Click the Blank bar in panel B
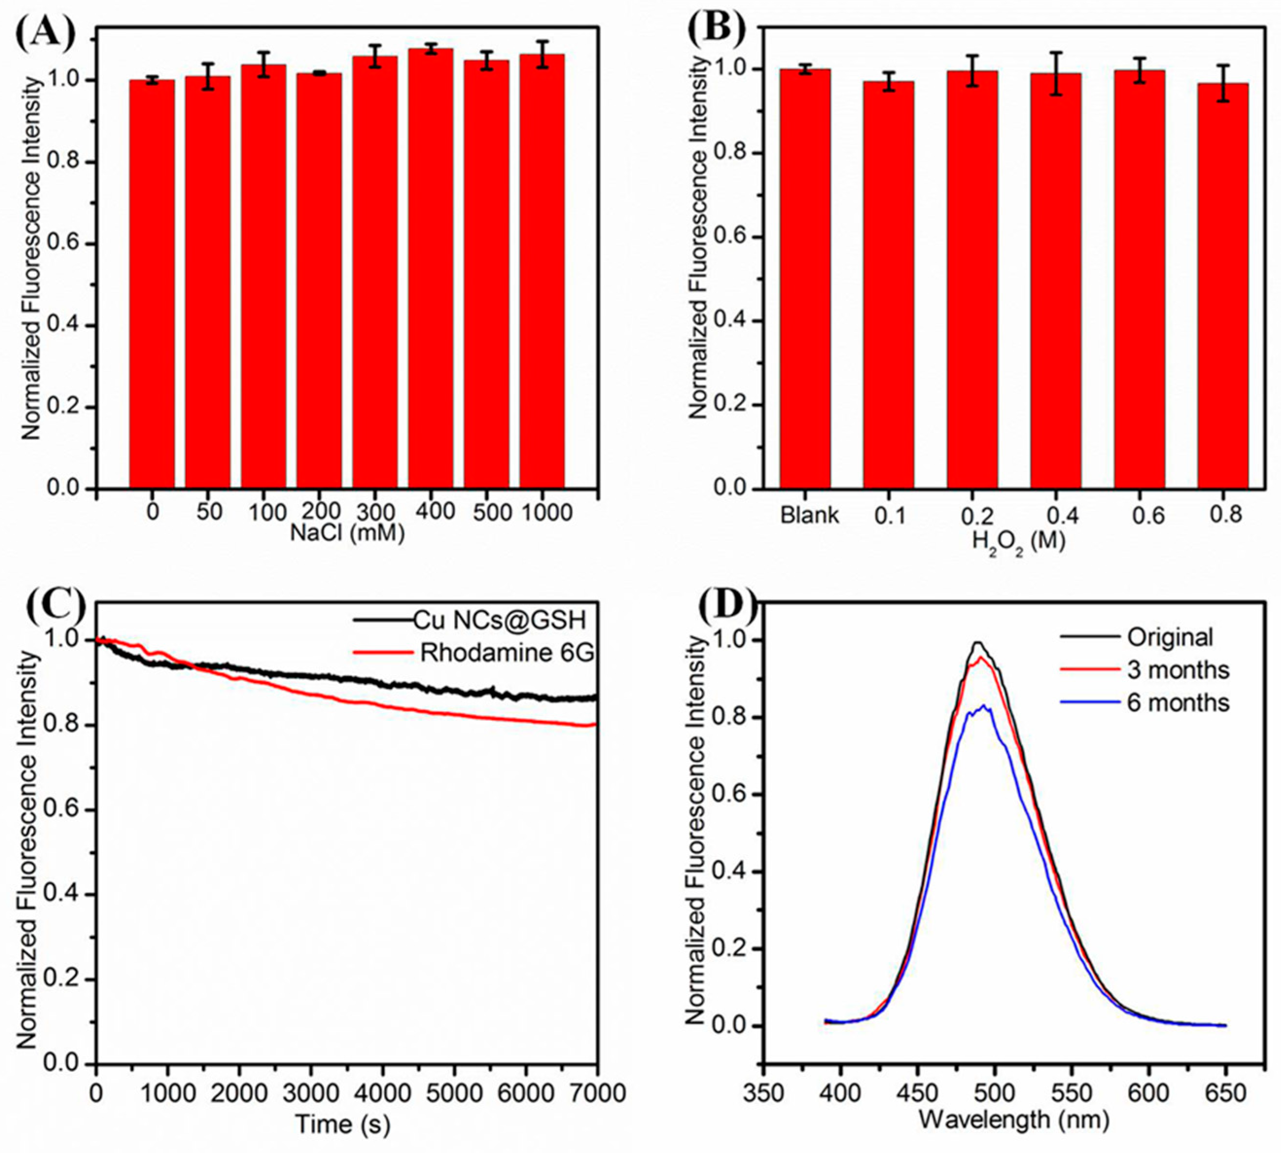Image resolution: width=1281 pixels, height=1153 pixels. coord(805,279)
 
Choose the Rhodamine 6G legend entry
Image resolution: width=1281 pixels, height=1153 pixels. coord(507,652)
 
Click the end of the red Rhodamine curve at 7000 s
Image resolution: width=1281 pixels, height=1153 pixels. coord(593,725)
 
